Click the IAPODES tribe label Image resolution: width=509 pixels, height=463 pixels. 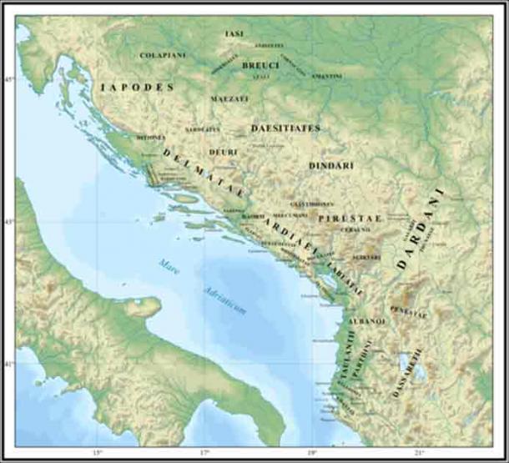click(x=137, y=87)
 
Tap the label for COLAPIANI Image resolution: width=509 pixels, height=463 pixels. click(x=163, y=55)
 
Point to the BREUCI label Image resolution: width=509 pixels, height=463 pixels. click(x=260, y=64)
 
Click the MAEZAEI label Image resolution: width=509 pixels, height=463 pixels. click(x=230, y=98)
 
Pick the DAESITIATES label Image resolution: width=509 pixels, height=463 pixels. click(x=285, y=128)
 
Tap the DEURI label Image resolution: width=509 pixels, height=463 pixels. click(x=223, y=152)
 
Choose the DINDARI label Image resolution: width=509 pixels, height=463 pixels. click(x=331, y=166)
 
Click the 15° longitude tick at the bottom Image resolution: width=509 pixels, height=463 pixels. click(x=97, y=453)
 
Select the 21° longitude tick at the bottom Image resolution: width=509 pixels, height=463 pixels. click(x=420, y=453)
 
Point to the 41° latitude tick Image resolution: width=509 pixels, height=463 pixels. click(x=10, y=365)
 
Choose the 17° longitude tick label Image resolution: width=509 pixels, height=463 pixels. click(x=204, y=453)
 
